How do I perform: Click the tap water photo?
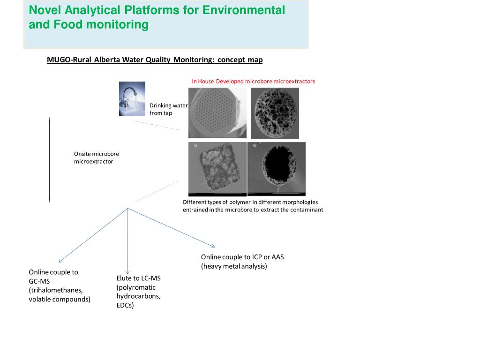tap(132, 98)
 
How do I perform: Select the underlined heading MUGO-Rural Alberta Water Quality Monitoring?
tap(155, 60)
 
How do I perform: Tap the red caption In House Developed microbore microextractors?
tap(253, 81)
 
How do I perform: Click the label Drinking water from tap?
tap(168, 109)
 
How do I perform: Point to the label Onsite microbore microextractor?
tap(97, 157)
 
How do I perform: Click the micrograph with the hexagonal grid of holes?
tap(217, 113)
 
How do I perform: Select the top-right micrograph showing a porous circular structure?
tap(275, 113)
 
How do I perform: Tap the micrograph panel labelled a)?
tap(217, 169)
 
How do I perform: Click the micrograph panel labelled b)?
tap(277, 169)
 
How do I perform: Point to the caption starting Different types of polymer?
tap(253, 206)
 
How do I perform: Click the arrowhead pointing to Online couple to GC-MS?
tap(60, 261)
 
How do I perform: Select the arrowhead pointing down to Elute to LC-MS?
tap(127, 272)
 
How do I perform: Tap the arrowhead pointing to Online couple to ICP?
tap(213, 246)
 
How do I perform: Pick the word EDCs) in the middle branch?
tap(125, 305)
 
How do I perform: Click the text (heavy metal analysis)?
tap(234, 266)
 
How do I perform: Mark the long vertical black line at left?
tap(49, 159)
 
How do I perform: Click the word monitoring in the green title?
tap(117, 24)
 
